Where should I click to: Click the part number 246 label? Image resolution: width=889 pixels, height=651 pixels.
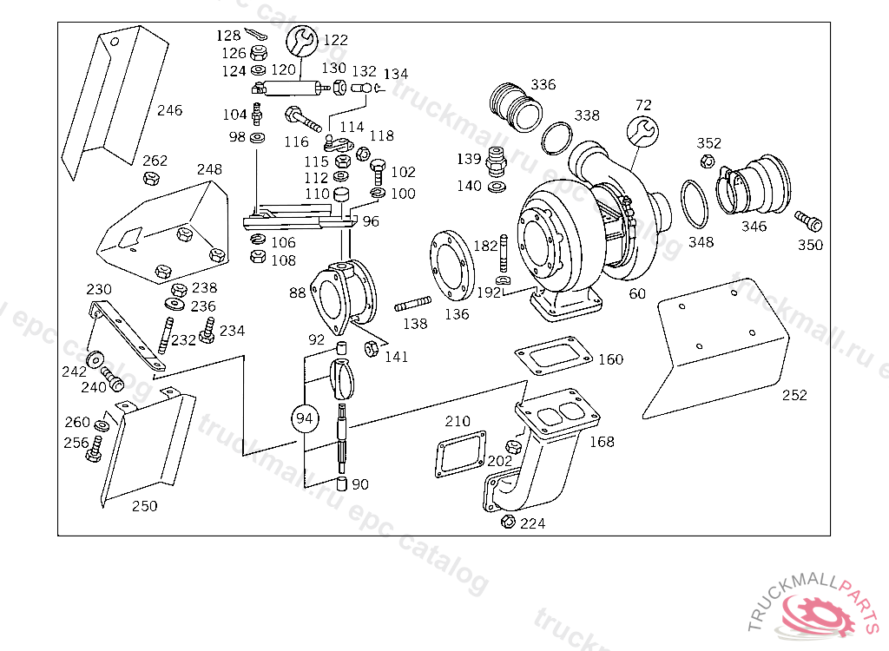coord(170,110)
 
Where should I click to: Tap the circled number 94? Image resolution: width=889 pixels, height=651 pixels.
coord(305,418)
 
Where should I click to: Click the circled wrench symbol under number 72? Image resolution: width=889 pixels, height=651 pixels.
coord(642,131)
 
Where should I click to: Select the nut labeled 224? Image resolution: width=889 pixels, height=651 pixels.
coord(508,522)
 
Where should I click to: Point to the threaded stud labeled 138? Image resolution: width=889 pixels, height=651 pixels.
coord(413,306)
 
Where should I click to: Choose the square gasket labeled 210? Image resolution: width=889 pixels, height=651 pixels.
coord(459,452)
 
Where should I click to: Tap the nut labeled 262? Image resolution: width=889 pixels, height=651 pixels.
coord(149,179)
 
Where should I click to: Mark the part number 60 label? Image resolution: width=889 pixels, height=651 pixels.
coord(637,294)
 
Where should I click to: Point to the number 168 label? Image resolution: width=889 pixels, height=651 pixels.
coord(602,442)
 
